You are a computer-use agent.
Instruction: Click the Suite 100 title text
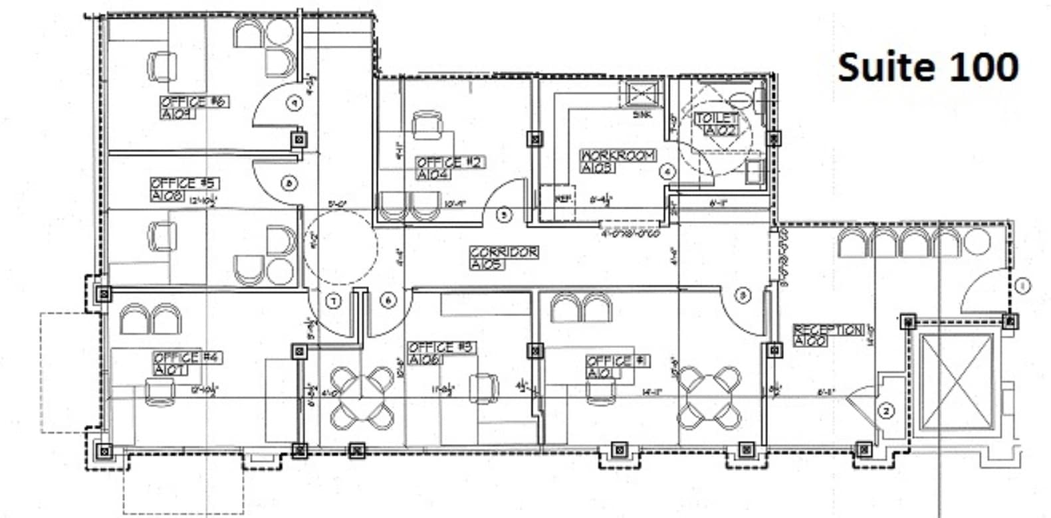tap(928, 67)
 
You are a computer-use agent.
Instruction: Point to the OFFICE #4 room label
tap(187, 358)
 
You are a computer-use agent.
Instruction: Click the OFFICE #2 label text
tap(450, 163)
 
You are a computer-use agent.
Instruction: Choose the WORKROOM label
tap(618, 156)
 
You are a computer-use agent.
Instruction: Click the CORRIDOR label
tap(504, 253)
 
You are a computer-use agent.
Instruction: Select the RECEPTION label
tap(828, 330)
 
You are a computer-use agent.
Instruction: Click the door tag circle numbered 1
tap(1022, 286)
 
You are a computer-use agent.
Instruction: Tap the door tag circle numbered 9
tap(294, 103)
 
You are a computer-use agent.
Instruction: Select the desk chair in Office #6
tap(162, 66)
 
